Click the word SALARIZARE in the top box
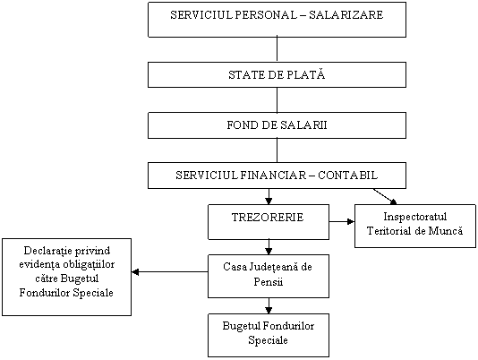click(346, 15)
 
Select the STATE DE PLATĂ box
click(277, 74)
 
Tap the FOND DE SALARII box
click(277, 125)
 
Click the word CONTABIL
click(348, 176)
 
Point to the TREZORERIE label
click(268, 218)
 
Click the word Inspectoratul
click(415, 217)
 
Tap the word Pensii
click(269, 281)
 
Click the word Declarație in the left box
click(47, 251)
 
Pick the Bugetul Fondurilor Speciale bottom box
click(269, 335)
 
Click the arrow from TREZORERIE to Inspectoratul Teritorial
click(342, 221)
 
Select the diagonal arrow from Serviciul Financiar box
click(385, 196)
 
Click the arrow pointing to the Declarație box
click(170, 272)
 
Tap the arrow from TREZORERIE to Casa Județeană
click(269, 247)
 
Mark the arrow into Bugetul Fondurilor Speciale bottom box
click(269, 305)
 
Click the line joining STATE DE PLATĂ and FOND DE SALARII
click(277, 99)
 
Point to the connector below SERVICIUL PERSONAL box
click(277, 49)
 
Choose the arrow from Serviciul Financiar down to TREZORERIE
click(269, 196)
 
